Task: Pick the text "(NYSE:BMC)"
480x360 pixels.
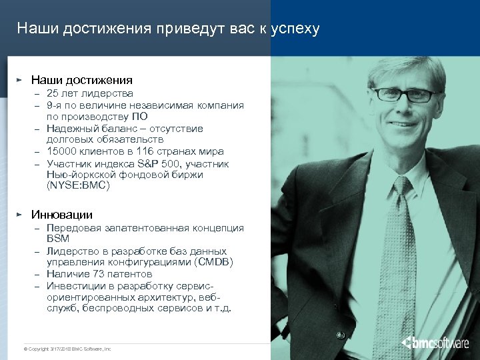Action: point(77,186)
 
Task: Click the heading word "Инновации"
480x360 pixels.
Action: point(62,215)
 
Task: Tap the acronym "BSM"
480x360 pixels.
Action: point(58,239)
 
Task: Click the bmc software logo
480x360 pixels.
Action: point(435,343)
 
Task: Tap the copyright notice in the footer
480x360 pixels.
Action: point(67,349)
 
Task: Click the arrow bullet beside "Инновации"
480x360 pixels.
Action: point(20,214)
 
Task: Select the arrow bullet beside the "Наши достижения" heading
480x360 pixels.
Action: point(20,79)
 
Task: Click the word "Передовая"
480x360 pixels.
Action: point(73,228)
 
